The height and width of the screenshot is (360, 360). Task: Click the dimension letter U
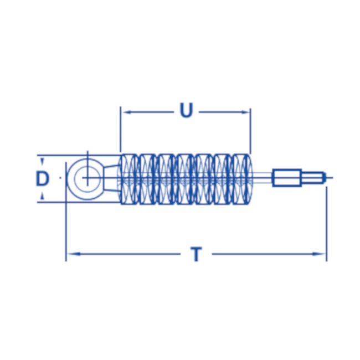click(187, 111)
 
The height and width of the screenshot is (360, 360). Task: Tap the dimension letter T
click(196, 255)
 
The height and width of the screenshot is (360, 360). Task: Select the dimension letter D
click(43, 178)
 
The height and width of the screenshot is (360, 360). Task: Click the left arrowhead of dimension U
click(125, 111)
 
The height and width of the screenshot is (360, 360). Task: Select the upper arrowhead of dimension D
click(43, 159)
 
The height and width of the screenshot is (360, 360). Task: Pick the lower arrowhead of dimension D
click(43, 198)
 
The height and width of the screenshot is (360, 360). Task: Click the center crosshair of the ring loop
click(86, 178)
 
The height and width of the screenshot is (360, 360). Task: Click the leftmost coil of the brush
click(128, 178)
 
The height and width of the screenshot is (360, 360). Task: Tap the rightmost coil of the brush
click(242, 178)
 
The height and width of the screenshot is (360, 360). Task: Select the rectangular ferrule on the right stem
click(286, 178)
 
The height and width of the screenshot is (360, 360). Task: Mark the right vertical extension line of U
click(251, 130)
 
